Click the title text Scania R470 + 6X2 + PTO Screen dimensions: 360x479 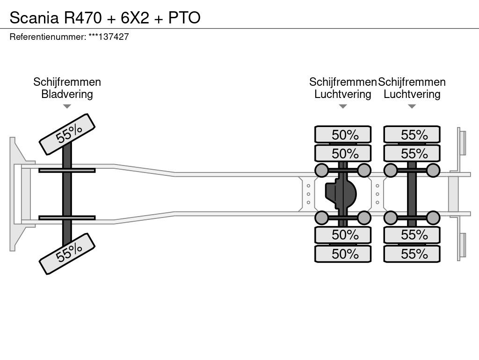point(105,17)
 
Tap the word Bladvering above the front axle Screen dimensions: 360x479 point(67,94)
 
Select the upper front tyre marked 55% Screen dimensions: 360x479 point(67,135)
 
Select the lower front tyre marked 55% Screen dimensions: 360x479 point(67,254)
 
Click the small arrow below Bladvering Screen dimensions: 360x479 point(67,106)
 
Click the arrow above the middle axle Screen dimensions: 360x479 point(343,106)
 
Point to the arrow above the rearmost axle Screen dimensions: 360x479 point(412,106)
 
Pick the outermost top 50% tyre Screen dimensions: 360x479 point(343,135)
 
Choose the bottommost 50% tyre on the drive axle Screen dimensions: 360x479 point(343,254)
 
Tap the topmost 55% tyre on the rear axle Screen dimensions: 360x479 point(412,135)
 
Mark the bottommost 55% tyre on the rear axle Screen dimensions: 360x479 point(412,254)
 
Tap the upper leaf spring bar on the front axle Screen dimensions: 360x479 point(67,170)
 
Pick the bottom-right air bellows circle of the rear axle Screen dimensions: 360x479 point(433,217)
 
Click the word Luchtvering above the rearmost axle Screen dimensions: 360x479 point(412,94)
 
